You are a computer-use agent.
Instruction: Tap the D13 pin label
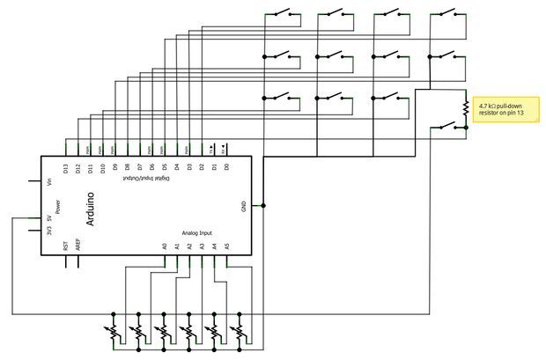66,167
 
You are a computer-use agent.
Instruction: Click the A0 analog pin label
165,247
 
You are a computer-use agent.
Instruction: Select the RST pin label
66,247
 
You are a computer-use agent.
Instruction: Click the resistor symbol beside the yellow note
464,108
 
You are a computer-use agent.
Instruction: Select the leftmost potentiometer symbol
114,333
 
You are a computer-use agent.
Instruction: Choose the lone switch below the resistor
446,128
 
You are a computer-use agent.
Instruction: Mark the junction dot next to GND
264,206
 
